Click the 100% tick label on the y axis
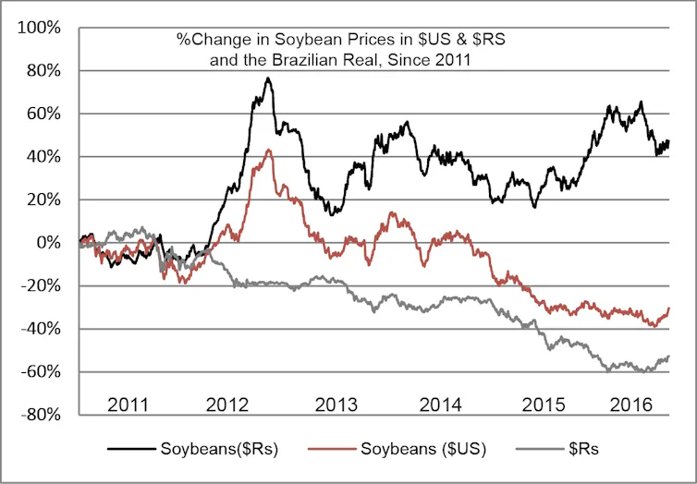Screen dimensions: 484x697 [x=40, y=28]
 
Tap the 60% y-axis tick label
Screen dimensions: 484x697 [x=43, y=114]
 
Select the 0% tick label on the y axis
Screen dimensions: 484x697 [x=48, y=243]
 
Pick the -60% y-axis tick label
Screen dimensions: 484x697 [x=42, y=372]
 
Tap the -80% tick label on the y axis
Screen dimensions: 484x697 [x=42, y=415]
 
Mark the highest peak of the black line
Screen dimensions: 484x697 [x=268, y=78]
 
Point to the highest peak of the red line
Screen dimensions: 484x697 [x=268, y=150]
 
